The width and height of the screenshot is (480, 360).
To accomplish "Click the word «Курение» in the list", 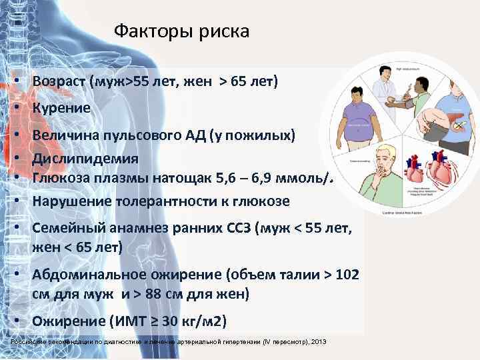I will [x=61, y=107].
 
